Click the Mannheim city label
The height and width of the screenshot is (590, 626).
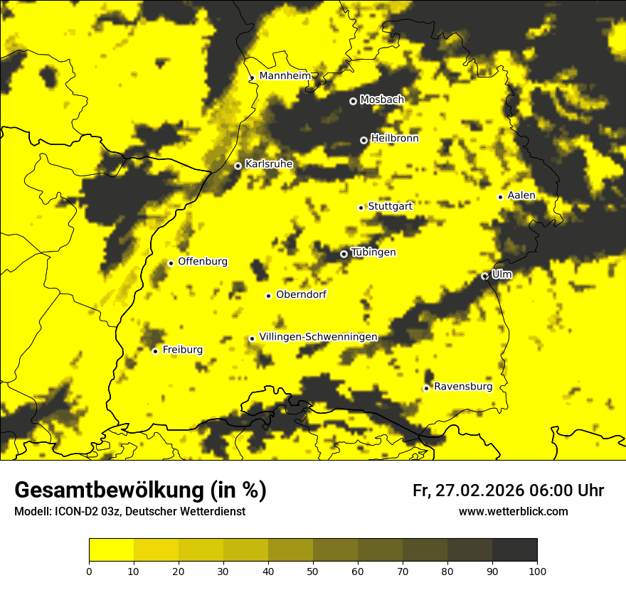[x=285, y=76]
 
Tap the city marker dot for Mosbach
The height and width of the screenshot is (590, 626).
[x=353, y=101]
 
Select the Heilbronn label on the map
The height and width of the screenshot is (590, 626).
[x=395, y=139]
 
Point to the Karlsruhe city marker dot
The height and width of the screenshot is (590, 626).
[x=238, y=166]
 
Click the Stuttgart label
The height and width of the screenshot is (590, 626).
[x=390, y=206]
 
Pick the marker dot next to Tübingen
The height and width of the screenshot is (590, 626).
[x=344, y=254]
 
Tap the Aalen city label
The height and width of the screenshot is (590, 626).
[x=521, y=195]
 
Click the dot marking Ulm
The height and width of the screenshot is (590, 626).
[x=485, y=276]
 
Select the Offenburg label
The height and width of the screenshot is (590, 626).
[x=203, y=262]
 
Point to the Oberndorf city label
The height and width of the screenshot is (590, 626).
[x=301, y=294]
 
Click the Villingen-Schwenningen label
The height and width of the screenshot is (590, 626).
[x=318, y=337]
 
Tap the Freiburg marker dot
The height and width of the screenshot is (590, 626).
[x=155, y=350]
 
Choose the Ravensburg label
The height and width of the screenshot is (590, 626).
[x=463, y=387]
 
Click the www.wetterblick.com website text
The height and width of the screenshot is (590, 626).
[x=513, y=511]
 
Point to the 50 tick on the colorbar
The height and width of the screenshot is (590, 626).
[x=313, y=570]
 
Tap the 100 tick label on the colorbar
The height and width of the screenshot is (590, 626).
[x=537, y=570]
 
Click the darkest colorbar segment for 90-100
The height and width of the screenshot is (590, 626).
[x=514, y=550]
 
